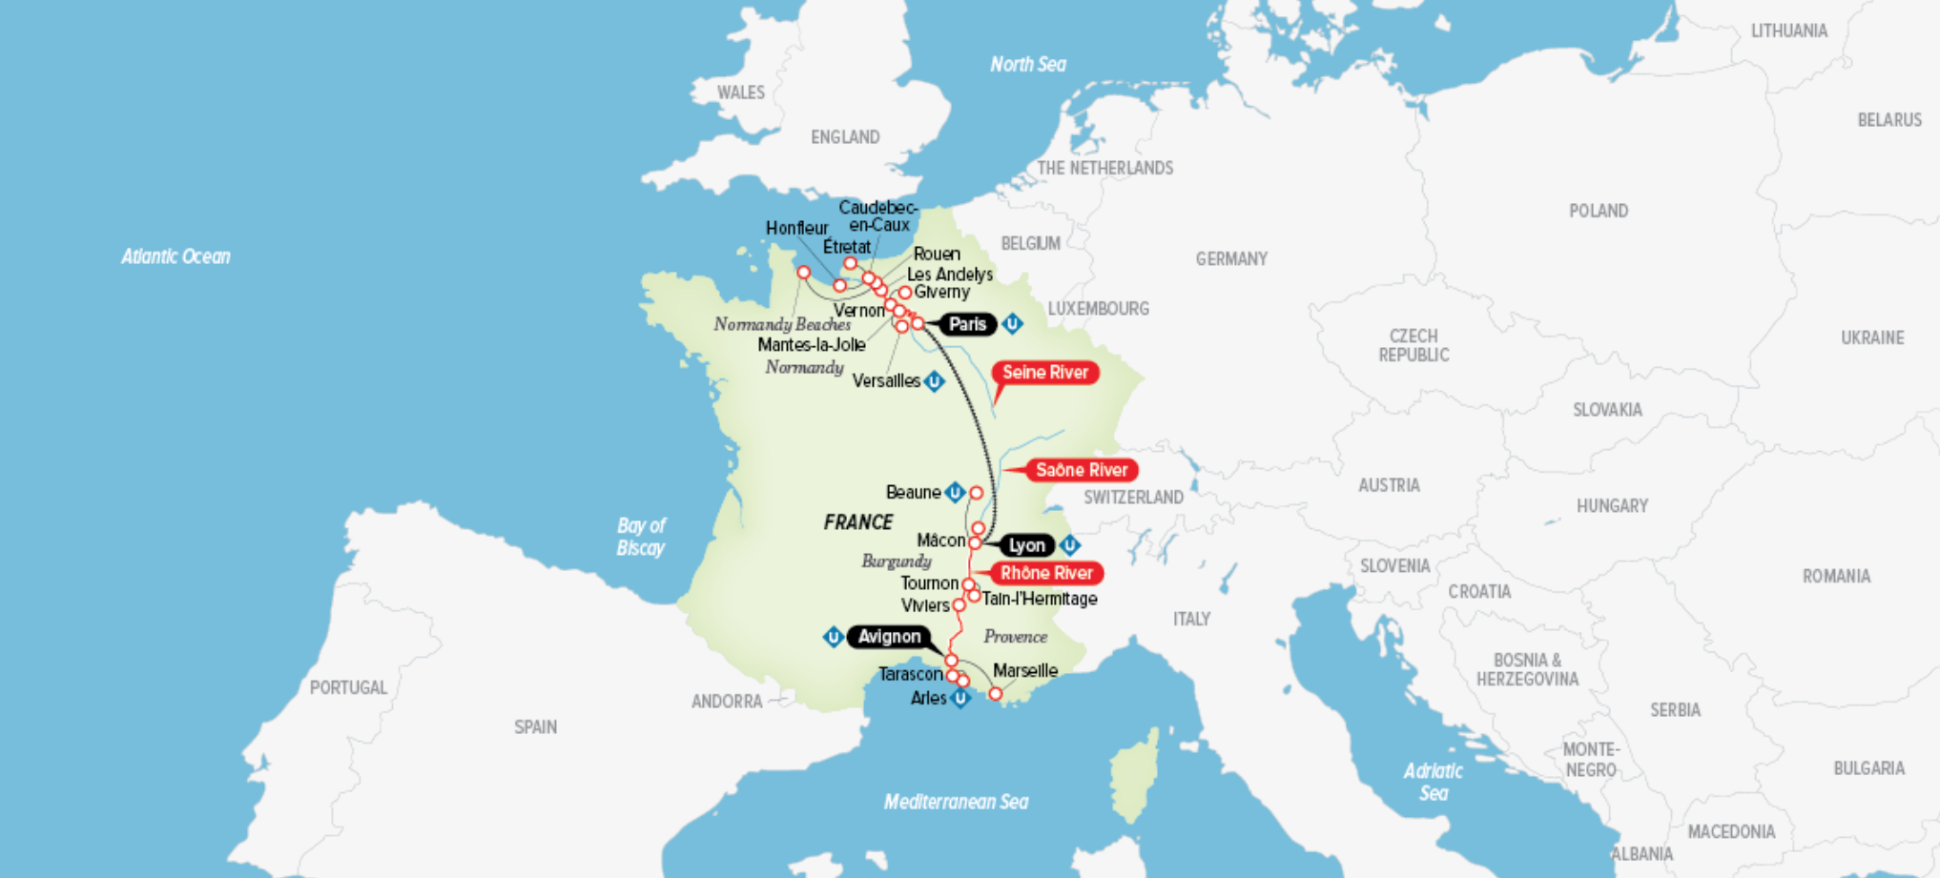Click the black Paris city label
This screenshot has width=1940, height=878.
point(967,324)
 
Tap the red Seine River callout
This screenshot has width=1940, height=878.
point(1045,373)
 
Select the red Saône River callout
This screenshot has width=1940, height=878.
point(1082,470)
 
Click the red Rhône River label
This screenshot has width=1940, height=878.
point(1046,573)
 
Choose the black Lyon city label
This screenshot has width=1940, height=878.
point(1026,545)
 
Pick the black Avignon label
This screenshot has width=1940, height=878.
point(889,637)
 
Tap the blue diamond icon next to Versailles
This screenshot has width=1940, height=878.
point(935,381)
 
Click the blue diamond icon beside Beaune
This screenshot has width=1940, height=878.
point(955,493)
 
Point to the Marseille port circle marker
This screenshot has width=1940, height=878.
point(995,694)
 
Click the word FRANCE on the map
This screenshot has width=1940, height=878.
point(858,522)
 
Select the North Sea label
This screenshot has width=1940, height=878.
point(1027,65)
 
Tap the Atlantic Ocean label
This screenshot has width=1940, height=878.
point(175,256)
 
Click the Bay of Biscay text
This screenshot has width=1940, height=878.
point(641,537)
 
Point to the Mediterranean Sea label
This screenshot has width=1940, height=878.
point(956,802)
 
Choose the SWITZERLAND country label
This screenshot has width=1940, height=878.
point(1133,498)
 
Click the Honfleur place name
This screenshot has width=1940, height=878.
point(796,228)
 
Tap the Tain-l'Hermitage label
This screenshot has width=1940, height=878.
point(1040,599)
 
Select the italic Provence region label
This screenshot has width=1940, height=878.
point(1015,637)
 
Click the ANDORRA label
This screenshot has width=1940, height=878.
point(727,702)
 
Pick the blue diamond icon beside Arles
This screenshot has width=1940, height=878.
point(960,699)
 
